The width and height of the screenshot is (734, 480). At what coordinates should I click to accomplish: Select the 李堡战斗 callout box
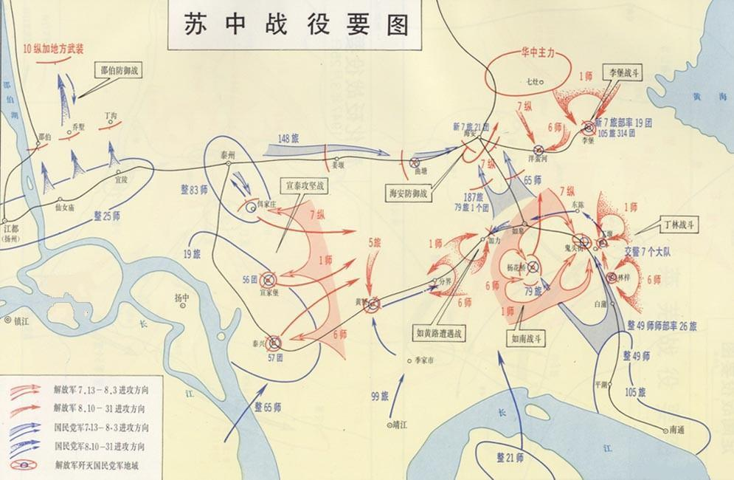[x=620, y=74]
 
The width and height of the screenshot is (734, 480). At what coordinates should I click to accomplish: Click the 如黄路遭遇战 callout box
[x=440, y=333]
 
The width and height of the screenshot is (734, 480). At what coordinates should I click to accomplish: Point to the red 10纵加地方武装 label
[x=53, y=49]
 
